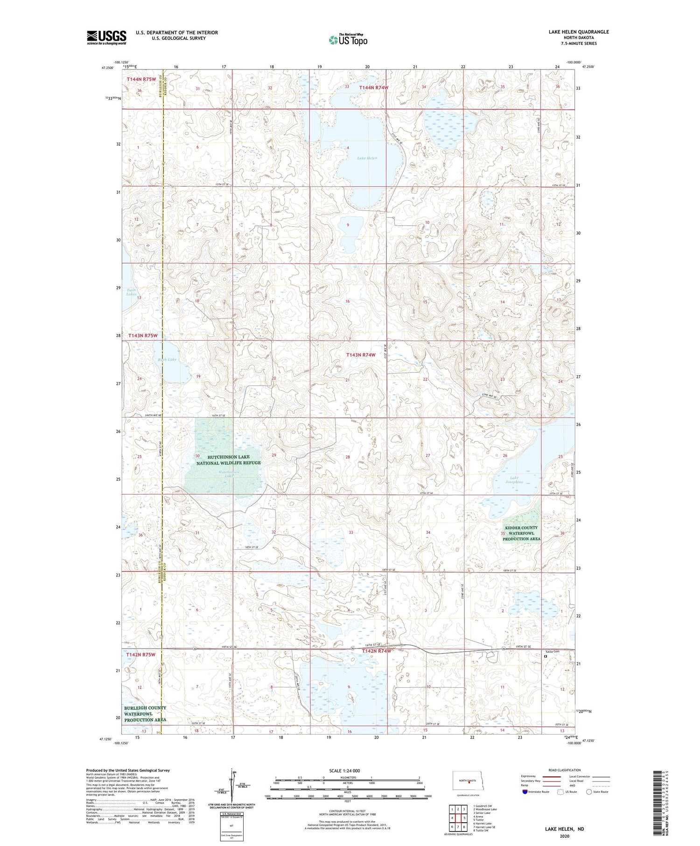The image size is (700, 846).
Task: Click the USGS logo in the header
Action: pos(106,37)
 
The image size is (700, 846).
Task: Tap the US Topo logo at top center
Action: pos(348,40)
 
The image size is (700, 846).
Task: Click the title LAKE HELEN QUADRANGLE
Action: pos(578,32)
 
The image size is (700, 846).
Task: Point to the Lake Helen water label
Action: pos(367,158)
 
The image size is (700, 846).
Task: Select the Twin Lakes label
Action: pos(131,292)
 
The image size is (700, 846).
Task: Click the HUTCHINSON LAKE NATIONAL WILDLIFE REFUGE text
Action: pos(228,460)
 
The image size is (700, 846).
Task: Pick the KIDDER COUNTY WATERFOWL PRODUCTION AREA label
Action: pos(521,533)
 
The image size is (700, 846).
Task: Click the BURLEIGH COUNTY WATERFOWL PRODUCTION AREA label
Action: pos(145,714)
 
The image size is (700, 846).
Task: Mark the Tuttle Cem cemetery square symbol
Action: pos(545,656)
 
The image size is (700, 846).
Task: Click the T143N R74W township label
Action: pos(361,355)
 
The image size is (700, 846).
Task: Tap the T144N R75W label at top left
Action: pos(141,79)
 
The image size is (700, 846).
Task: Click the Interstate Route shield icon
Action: pos(526,791)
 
